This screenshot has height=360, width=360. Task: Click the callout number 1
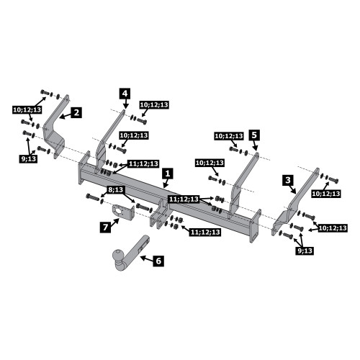[x=168, y=174]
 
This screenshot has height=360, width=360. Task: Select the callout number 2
[x=76, y=112]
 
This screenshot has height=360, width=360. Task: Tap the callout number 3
[x=288, y=180]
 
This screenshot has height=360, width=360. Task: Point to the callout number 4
[x=125, y=94]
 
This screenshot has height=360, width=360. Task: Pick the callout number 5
[x=254, y=135]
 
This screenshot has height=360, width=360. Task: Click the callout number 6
[x=158, y=261]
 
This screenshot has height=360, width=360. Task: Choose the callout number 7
[x=105, y=227]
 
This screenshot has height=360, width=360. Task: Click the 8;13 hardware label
[x=116, y=190]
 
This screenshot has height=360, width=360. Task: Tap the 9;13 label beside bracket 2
[x=29, y=158]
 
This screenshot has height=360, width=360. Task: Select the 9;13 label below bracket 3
[x=305, y=251]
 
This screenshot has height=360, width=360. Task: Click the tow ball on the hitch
[x=118, y=255]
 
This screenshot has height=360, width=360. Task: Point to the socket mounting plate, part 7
[x=123, y=212]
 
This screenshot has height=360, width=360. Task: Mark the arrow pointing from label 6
[x=146, y=258]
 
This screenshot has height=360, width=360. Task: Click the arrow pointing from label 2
[x=65, y=115]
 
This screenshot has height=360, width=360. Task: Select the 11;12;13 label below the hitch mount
[x=205, y=232]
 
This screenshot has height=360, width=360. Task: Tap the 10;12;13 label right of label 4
[x=154, y=105]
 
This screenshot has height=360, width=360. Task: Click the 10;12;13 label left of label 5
[x=229, y=136]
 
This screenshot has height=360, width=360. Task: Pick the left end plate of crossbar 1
[x=84, y=168]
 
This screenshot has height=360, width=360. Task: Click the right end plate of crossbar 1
[x=255, y=226]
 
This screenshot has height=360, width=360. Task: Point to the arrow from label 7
[x=115, y=222]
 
